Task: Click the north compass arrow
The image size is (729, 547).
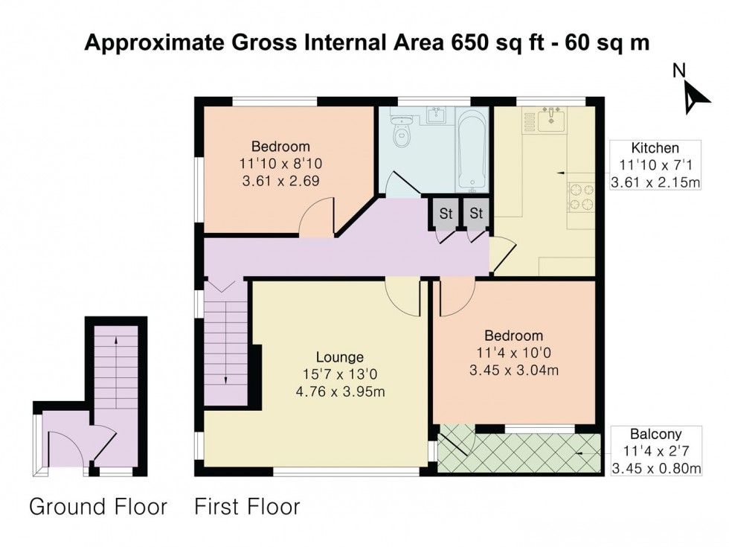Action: click(x=695, y=96)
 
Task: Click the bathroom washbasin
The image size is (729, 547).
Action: click(x=436, y=115)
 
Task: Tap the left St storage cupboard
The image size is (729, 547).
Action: click(x=445, y=214)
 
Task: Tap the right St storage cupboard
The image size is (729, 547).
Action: click(x=476, y=214)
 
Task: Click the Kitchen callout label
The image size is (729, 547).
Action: click(x=655, y=147)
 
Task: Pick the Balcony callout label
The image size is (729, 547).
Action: click(x=655, y=433)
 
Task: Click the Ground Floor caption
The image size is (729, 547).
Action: click(x=97, y=508)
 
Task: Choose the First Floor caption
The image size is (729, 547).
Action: click(x=247, y=508)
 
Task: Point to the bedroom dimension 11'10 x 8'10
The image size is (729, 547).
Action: click(x=280, y=163)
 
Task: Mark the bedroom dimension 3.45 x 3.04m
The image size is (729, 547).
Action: click(x=513, y=371)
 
